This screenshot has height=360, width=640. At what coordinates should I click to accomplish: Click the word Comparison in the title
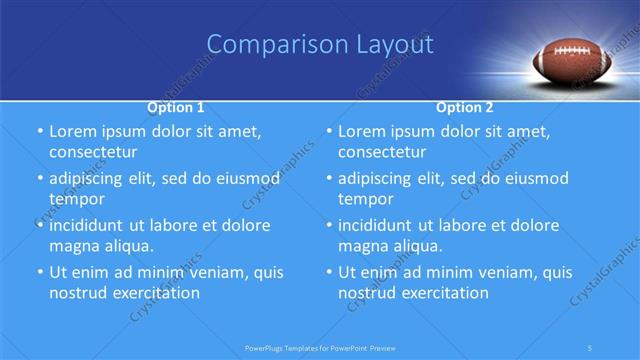click(265, 45)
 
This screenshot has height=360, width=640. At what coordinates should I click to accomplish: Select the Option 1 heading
click(176, 107)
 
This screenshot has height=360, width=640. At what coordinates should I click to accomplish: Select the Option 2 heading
click(466, 107)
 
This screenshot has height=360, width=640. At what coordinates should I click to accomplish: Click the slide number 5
click(592, 347)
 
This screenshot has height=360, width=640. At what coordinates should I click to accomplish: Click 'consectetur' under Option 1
click(94, 152)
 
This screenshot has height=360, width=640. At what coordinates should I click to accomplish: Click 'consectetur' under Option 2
click(384, 152)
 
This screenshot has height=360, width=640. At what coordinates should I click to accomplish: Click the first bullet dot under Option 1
click(39, 132)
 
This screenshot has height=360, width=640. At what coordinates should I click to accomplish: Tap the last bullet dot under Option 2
click(329, 272)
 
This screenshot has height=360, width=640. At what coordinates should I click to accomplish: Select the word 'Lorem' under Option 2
click(362, 131)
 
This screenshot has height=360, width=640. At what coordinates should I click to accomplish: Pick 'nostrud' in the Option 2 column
click(368, 293)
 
